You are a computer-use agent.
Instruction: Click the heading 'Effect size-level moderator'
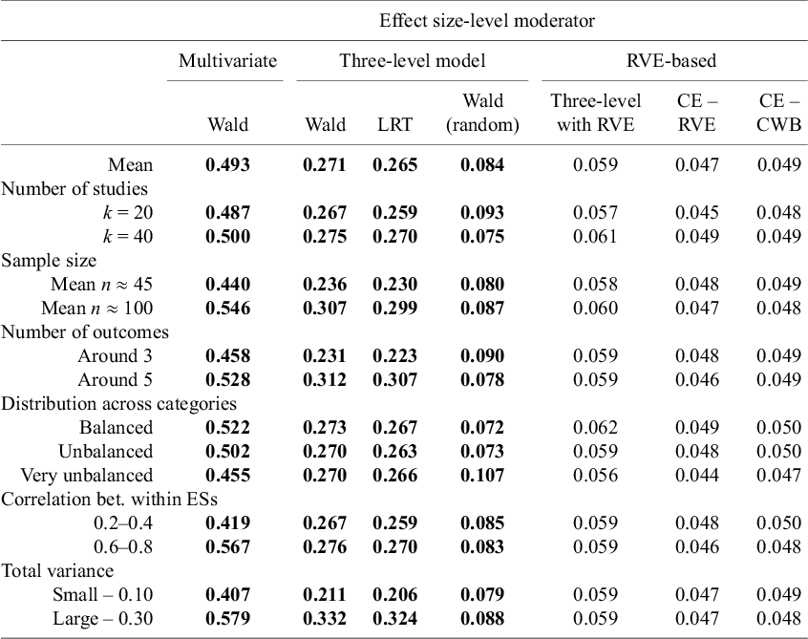[487, 21]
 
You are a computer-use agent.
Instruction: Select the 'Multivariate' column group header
[227, 61]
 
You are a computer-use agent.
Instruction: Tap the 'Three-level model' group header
[413, 61]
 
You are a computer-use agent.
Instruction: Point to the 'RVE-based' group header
[671, 61]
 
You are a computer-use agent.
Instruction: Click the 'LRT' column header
[394, 125]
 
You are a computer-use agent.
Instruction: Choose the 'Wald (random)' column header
[482, 113]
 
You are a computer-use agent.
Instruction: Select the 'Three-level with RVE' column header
[596, 113]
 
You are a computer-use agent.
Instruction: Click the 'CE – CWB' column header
[778, 113]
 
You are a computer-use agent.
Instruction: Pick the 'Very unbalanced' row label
[87, 475]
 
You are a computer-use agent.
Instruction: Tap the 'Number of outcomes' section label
[85, 331]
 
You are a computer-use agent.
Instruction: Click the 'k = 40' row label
[128, 237]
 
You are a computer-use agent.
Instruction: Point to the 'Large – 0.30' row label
[102, 618]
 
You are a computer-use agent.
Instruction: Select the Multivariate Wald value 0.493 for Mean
[227, 165]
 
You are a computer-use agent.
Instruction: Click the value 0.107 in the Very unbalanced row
[482, 475]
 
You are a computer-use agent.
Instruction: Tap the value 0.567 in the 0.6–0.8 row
[227, 546]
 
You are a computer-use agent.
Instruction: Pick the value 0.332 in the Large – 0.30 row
[325, 618]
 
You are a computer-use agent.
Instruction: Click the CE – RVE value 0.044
[696, 475]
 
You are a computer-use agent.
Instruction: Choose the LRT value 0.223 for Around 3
[394, 356]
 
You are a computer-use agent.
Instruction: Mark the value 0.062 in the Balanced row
[596, 428]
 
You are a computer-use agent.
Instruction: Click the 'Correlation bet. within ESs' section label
[109, 499]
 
